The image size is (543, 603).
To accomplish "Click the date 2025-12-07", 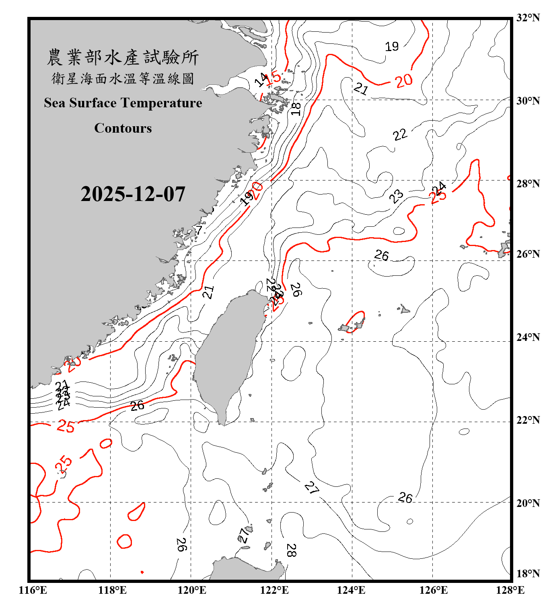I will [133, 194].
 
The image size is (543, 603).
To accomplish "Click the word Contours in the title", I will [123, 128].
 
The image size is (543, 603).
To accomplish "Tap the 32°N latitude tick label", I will [528, 18].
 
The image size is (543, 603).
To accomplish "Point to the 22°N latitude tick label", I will [528, 420].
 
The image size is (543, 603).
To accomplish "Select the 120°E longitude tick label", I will [192, 590].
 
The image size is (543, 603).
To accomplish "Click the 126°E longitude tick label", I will [433, 590].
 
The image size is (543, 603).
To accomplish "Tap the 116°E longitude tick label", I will [33, 590].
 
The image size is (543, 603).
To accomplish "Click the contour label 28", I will [291, 550].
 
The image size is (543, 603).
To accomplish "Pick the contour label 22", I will [400, 135].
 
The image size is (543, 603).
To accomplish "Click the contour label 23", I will [396, 196].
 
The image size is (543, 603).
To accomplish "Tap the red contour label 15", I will [274, 77].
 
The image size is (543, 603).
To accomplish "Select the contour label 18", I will [296, 109].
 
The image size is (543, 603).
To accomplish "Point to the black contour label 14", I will [261, 80].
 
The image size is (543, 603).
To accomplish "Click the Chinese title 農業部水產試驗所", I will [123, 57].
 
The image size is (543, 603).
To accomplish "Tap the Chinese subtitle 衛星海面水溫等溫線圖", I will [123, 78].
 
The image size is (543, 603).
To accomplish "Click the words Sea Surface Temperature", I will [123, 103].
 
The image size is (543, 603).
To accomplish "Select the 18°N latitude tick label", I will [528, 574].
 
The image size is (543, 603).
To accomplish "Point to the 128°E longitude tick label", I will [510, 590].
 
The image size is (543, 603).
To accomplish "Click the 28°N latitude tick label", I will [528, 184].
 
